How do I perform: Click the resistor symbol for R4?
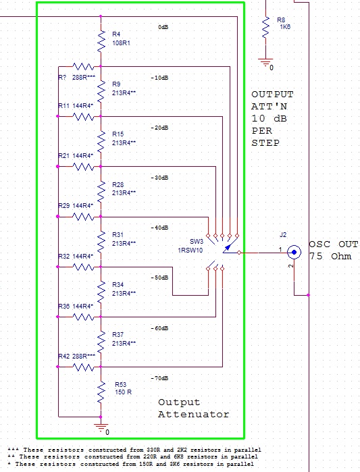pyautogui.click(x=101, y=41)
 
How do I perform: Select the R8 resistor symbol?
pyautogui.click(x=265, y=28)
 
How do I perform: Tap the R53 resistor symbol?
pyautogui.click(x=101, y=392)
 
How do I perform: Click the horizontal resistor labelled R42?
pyautogui.click(x=83, y=367)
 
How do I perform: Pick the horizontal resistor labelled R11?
pyautogui.click(x=83, y=117)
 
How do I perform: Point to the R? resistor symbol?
pyautogui.click(x=83, y=67)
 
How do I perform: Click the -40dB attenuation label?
pyautogui.click(x=159, y=228)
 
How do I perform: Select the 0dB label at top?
pyautogui.click(x=163, y=27)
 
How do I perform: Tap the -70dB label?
pyautogui.click(x=159, y=378)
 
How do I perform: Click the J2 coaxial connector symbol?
pyautogui.click(x=294, y=253)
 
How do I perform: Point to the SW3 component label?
pyautogui.click(x=197, y=242)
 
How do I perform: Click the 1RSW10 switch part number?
pyautogui.click(x=190, y=251)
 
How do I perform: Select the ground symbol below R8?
pyautogui.click(x=266, y=63)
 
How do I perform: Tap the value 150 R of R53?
pyautogui.click(x=124, y=392)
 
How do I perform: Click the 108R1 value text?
pyautogui.click(x=122, y=43)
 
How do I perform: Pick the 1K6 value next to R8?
pyautogui.click(x=285, y=27)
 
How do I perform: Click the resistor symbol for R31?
pyautogui.click(x=101, y=242)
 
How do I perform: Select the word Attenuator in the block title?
pyautogui.click(x=194, y=415)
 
